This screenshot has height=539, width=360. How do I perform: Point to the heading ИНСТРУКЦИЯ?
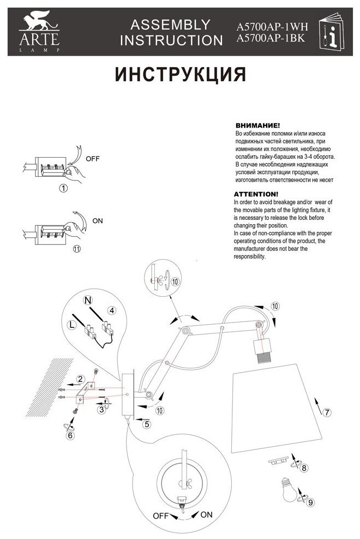point(179,74)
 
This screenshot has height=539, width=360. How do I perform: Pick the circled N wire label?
point(87,300)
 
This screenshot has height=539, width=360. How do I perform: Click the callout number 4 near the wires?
point(111,310)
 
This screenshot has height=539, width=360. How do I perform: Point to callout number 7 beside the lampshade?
point(326,412)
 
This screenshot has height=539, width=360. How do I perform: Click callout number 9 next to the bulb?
point(310,502)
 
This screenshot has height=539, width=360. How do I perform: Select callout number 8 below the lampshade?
point(304,468)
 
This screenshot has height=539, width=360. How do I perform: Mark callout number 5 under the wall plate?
point(146,423)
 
